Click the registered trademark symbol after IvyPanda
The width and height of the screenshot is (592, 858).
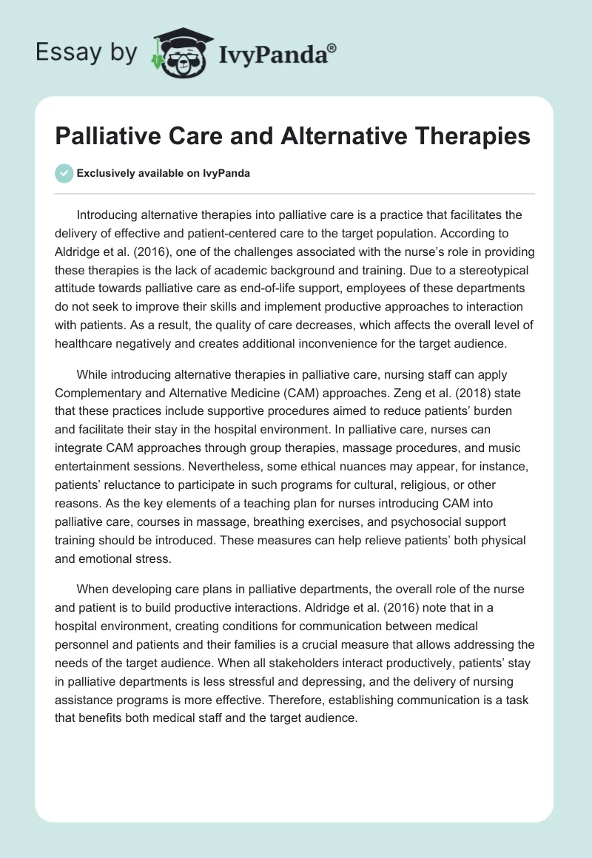pyautogui.click(x=332, y=48)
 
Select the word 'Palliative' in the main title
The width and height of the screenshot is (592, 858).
pyautogui.click(x=111, y=136)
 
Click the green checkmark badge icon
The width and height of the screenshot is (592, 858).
pyautogui.click(x=64, y=173)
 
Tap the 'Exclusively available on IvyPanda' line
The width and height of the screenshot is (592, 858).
pyautogui.click(x=164, y=173)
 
